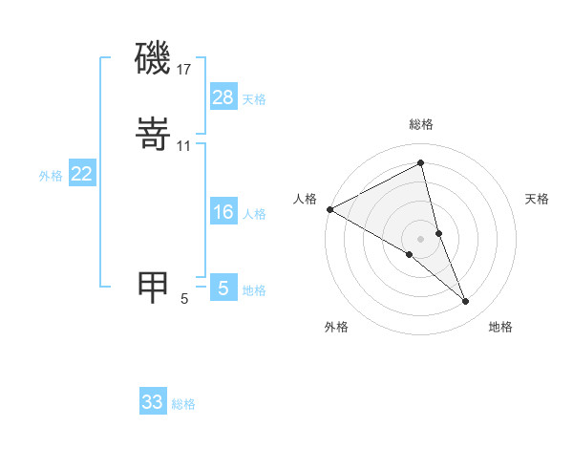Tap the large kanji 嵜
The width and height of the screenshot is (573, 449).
[153, 136]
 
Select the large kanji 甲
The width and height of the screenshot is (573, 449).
[153, 287]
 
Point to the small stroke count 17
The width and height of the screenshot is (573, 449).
[184, 69]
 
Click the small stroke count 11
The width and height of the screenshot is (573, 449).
[184, 145]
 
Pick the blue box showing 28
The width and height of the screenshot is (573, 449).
[223, 97]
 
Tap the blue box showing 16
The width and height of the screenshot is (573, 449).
[223, 212]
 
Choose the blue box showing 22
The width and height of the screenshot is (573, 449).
[82, 174]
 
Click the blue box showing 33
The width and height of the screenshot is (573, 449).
[153, 402]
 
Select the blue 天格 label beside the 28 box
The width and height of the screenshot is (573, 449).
[254, 99]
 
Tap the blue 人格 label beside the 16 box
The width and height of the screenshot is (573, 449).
[254, 214]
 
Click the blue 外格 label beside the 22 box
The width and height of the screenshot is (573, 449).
[51, 176]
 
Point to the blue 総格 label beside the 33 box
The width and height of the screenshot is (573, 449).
[183, 404]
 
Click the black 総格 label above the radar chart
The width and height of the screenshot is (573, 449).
[421, 124]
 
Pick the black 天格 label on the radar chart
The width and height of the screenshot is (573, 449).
[538, 199]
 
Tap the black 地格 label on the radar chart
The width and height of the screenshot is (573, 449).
[500, 327]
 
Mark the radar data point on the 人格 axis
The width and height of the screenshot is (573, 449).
[329, 209]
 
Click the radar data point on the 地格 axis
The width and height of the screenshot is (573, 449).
[466, 302]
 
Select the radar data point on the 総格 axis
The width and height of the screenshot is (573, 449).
[421, 163]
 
